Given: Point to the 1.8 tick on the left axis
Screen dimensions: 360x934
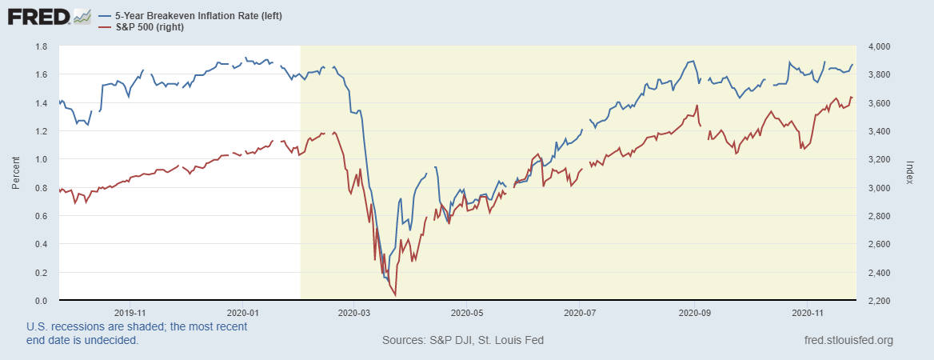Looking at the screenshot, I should tap(40, 46).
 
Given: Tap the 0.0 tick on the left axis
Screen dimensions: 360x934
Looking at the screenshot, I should tap(40, 301).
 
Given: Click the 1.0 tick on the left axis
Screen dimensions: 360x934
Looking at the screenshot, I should tap(40, 159).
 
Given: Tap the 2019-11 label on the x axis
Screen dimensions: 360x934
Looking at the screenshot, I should tap(130, 313).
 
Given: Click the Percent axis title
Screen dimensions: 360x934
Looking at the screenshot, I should tap(15, 174).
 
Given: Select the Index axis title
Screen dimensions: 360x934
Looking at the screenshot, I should tap(909, 174).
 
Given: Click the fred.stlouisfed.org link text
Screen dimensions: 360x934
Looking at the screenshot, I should tap(848, 341).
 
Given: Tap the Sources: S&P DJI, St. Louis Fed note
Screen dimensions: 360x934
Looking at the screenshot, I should tap(463, 341).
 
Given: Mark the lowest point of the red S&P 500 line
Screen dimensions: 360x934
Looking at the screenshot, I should tap(396, 295).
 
